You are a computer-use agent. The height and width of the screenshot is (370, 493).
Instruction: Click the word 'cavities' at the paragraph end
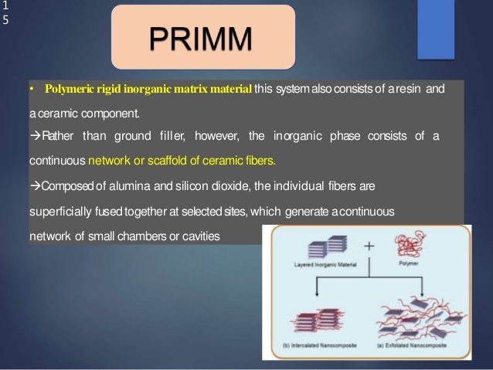(202, 235)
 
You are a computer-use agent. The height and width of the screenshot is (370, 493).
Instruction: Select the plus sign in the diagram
(369, 246)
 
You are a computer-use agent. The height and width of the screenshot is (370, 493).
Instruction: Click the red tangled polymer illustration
(409, 248)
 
